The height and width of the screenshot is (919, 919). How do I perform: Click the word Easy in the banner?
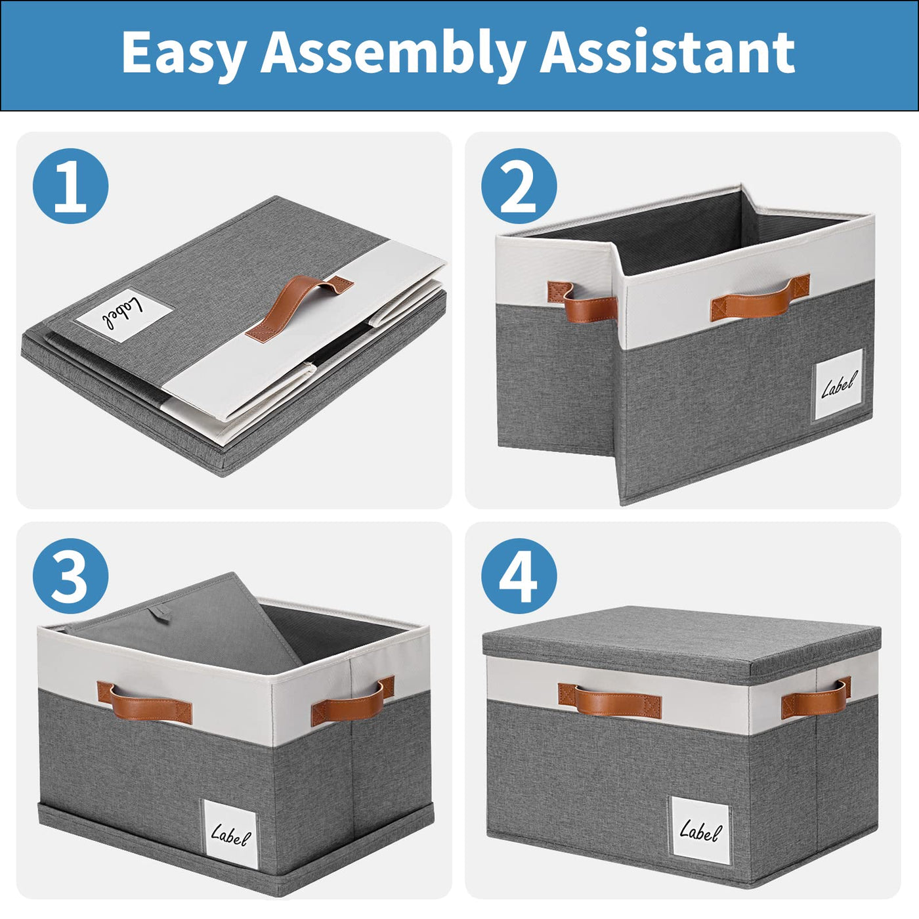[x=184, y=53]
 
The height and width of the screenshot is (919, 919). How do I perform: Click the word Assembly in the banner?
[x=392, y=53]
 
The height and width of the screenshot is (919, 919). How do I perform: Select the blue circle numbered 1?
[x=71, y=186]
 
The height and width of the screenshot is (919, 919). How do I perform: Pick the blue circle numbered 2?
[x=519, y=186]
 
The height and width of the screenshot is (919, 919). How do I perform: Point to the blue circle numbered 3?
[x=71, y=576]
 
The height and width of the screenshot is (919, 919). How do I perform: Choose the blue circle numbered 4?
[x=519, y=576]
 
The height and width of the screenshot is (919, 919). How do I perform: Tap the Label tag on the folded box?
[x=123, y=315]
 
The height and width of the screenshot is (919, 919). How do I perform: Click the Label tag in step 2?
[x=838, y=385]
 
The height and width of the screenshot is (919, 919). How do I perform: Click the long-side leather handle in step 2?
[x=760, y=297]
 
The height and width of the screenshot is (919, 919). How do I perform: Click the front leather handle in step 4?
[x=609, y=700]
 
